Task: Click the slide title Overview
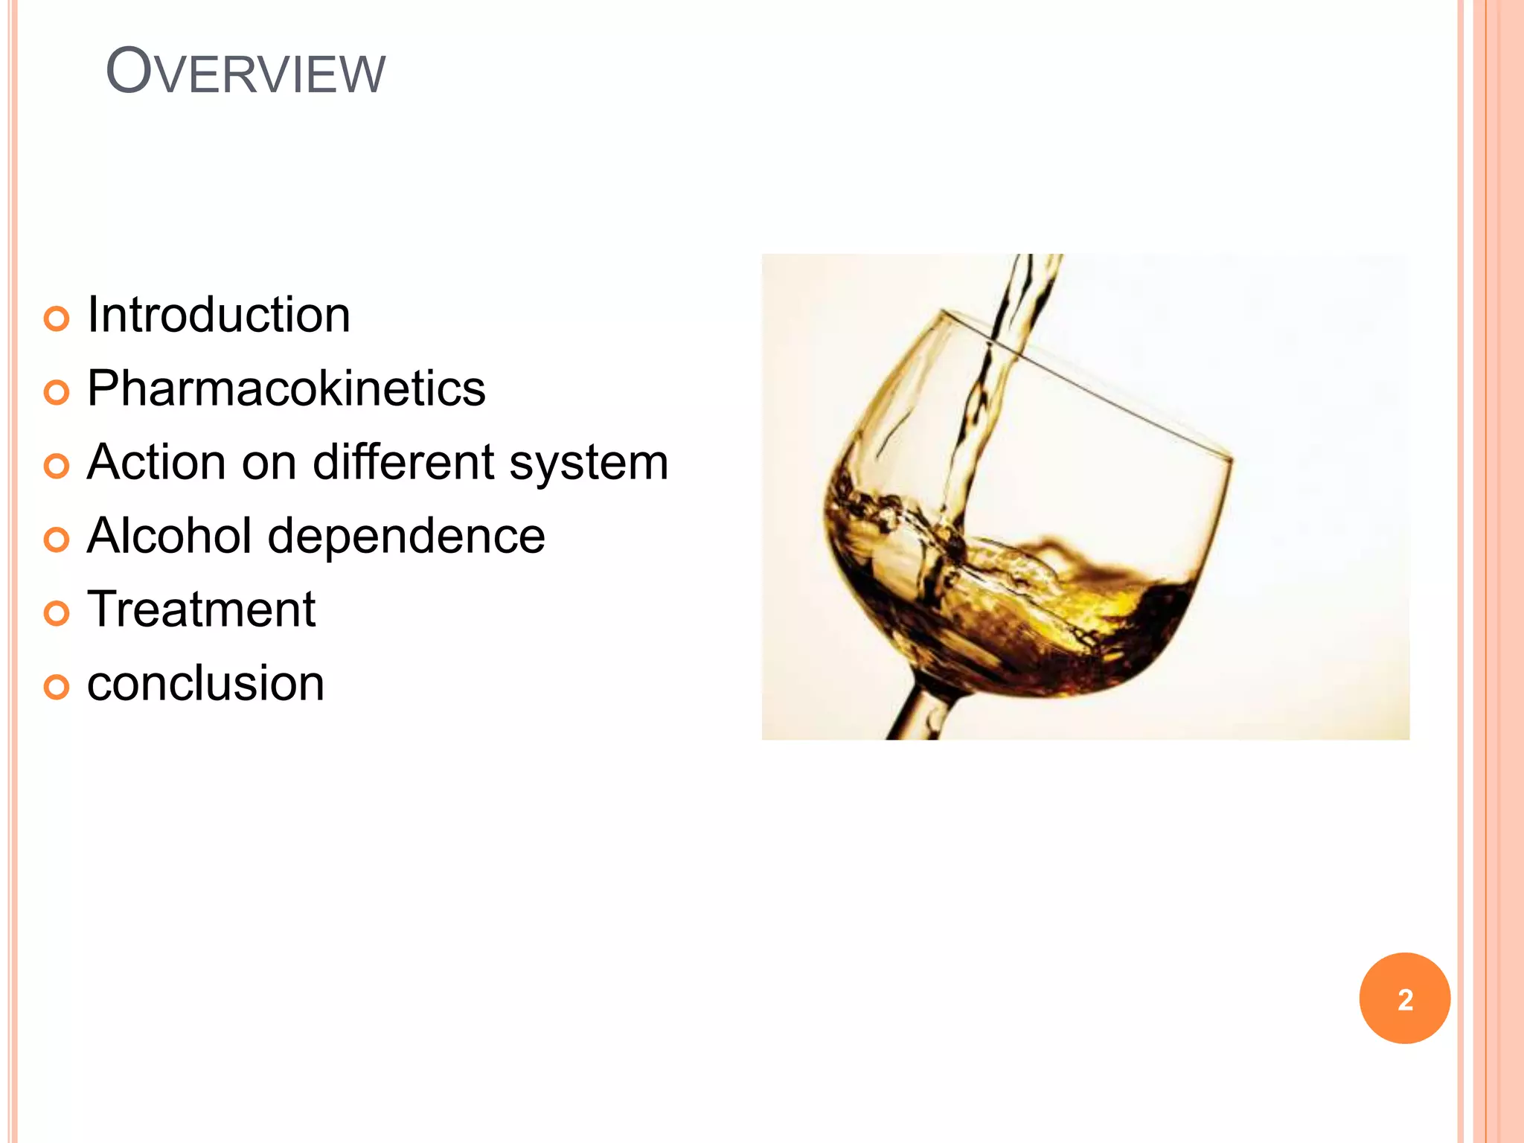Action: point(246,73)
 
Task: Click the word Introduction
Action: point(218,315)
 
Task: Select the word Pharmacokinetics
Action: point(286,388)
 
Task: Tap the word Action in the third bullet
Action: point(156,462)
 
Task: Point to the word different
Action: point(403,462)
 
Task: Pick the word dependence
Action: point(406,536)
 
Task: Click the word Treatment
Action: point(201,609)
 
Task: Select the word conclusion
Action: point(205,683)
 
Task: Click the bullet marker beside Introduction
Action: point(57,319)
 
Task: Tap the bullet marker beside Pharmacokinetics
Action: point(57,392)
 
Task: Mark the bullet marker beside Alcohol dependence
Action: point(57,540)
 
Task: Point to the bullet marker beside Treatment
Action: point(57,613)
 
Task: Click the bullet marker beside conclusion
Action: point(57,687)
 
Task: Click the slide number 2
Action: point(1404,999)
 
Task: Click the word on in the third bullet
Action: point(269,464)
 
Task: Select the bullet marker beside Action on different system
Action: point(57,467)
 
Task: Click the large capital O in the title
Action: point(129,71)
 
